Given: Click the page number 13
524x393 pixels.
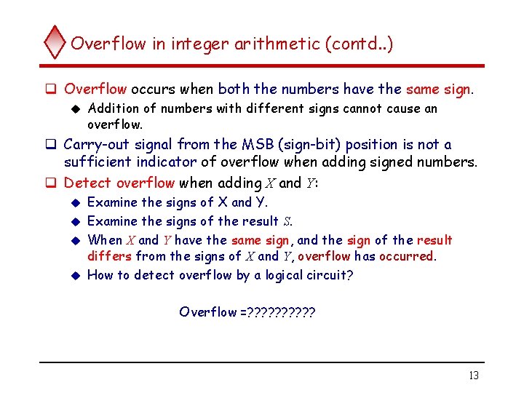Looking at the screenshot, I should coord(473,376).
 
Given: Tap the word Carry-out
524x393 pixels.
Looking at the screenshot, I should coord(97,144).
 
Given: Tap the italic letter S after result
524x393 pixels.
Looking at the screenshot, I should coord(287,221).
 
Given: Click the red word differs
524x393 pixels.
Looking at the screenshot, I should coord(109,256).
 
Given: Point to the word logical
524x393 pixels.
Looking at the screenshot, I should coord(278,275).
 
